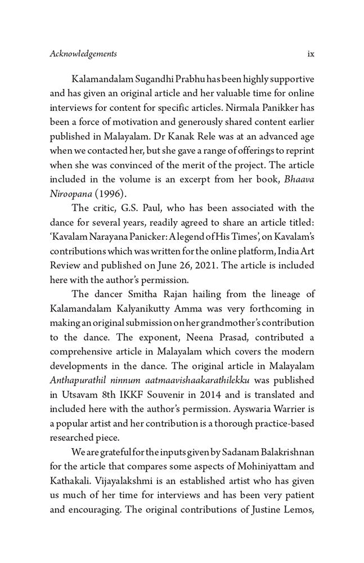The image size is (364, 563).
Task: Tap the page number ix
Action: tap(310, 54)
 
